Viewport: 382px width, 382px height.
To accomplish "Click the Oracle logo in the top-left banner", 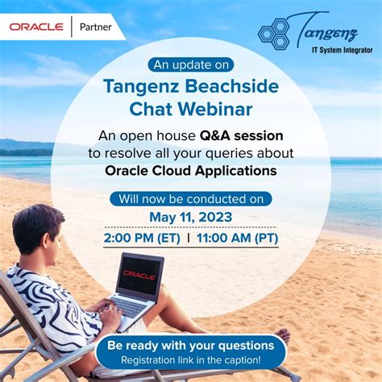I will pyautogui.click(x=37, y=27).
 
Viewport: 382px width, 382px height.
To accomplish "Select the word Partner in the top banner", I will pyautogui.click(x=98, y=27).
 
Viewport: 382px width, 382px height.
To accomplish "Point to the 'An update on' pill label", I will pyautogui.click(x=190, y=64).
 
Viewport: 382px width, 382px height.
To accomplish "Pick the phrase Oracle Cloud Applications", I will pyautogui.click(x=190, y=170).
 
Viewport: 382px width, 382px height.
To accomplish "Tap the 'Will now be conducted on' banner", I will pyautogui.click(x=190, y=197).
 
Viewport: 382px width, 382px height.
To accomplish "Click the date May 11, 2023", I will pyautogui.click(x=190, y=217).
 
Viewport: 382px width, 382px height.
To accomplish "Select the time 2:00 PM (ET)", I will pyautogui.click(x=142, y=239).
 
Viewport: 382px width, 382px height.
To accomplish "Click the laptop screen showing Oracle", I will pyautogui.click(x=139, y=275).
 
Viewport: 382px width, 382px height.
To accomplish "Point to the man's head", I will pyautogui.click(x=39, y=229).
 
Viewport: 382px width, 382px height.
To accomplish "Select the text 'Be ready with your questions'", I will pyautogui.click(x=190, y=344).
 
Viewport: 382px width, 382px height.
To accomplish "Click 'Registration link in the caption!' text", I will pyautogui.click(x=190, y=359).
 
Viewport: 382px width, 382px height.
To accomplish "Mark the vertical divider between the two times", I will pyautogui.click(x=188, y=239).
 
